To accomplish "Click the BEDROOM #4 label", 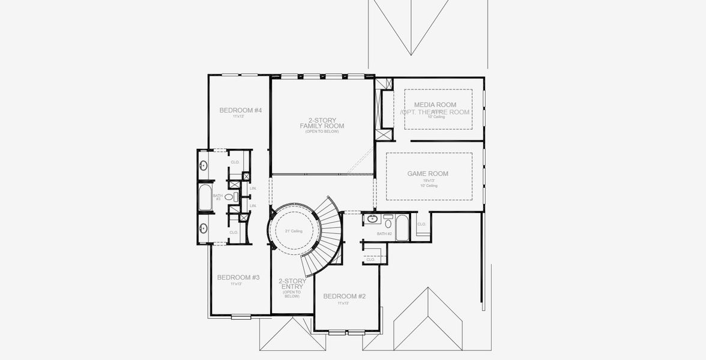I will click(240, 110).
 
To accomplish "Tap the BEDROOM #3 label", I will click(238, 277).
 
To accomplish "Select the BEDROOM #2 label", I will click(344, 296).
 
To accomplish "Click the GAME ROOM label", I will click(427, 174).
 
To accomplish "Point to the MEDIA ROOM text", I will click(435, 105).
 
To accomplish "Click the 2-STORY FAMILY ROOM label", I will click(322, 123).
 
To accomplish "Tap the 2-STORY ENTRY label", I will click(292, 284).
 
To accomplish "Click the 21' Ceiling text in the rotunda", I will click(294, 231).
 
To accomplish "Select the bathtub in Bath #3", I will click(205, 197).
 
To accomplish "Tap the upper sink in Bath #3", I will click(204, 166).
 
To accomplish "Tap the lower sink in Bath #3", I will click(204, 228).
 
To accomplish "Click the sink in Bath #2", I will click(372, 218).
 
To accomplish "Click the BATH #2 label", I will click(384, 233).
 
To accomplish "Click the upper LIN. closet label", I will click(253, 188).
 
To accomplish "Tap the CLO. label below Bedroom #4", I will click(235, 162).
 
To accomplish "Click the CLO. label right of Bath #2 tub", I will click(421, 224).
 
